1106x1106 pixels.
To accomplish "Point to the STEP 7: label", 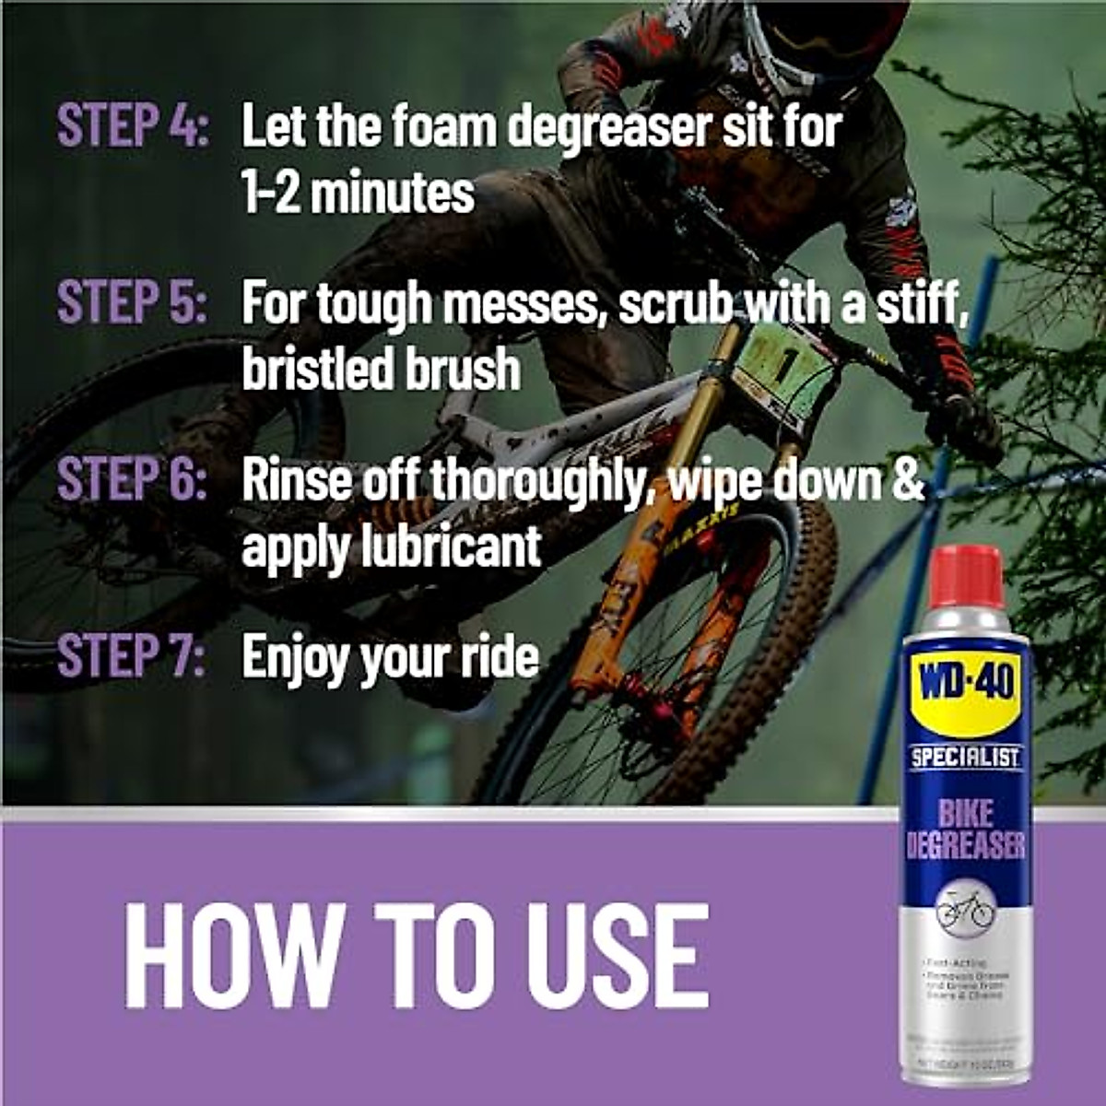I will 132,656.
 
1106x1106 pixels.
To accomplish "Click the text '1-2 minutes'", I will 358,193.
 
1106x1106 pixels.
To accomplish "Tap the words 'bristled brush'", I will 381,370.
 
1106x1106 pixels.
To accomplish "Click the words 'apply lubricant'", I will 391,547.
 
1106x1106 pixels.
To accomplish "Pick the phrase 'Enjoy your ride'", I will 390,657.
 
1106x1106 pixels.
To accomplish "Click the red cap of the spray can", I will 964,576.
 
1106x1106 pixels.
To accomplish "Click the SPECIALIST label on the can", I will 965,759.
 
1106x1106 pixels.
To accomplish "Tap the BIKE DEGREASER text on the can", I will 965,829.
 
